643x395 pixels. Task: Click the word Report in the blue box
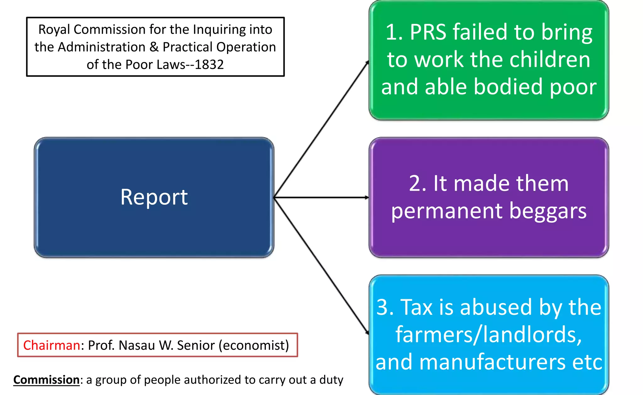click(x=154, y=197)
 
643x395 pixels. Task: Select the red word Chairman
click(x=51, y=345)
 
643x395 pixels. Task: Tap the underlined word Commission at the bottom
click(x=46, y=380)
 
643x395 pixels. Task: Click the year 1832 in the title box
click(x=209, y=65)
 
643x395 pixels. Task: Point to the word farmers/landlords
click(x=489, y=334)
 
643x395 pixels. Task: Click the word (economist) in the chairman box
click(x=254, y=345)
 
